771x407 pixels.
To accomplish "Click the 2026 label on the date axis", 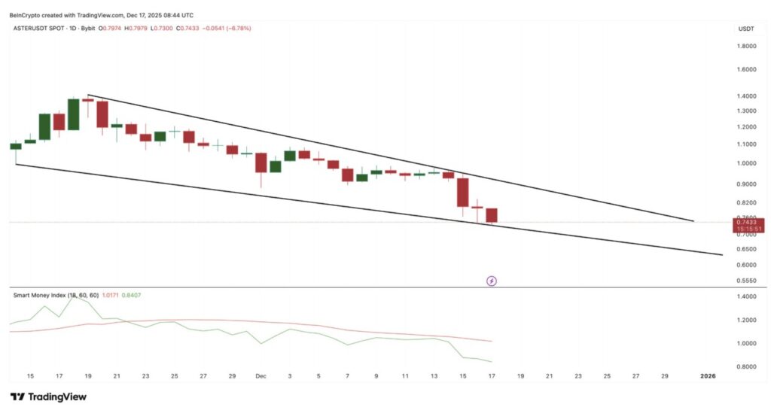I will (x=709, y=375).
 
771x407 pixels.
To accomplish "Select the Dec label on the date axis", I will (x=261, y=375).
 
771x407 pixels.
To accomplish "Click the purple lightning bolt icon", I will (x=492, y=281).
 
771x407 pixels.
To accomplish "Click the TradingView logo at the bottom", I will (x=53, y=396).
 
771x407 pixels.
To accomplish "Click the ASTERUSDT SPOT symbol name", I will (x=44, y=29).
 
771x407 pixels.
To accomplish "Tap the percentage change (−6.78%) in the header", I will (x=236, y=29).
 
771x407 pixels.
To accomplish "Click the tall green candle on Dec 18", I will (x=73, y=114).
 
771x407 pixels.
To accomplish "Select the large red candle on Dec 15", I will (x=462, y=192).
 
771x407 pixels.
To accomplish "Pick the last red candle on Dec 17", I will (x=492, y=215).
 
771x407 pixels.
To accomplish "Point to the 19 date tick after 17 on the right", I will (x=520, y=375).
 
